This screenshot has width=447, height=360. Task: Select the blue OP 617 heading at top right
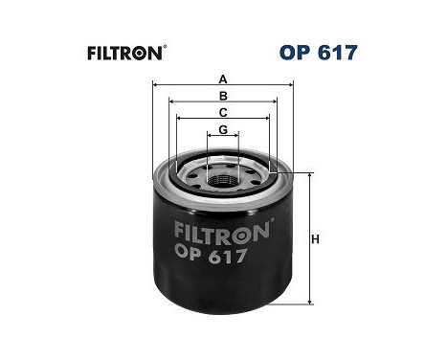[320, 52]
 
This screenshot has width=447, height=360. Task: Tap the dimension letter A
[223, 79]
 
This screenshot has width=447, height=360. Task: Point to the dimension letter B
[223, 97]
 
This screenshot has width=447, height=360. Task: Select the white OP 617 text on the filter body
[212, 256]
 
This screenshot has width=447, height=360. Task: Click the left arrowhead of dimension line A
[155, 87]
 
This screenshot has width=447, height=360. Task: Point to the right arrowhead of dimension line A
[292, 87]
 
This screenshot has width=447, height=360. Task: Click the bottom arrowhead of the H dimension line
[310, 302]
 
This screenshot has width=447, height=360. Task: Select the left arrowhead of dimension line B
[170, 104]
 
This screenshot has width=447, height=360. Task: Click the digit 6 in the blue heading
[328, 52]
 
